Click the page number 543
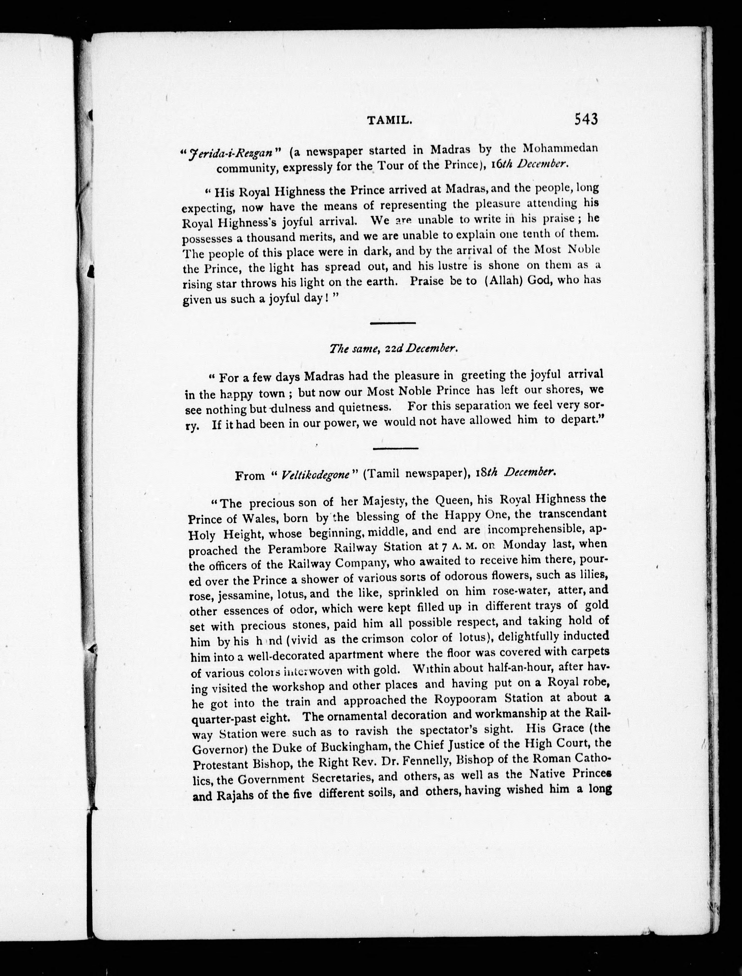[586, 119]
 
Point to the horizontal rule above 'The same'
[392, 323]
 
